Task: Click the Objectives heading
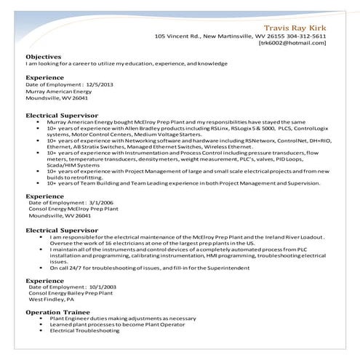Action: (x=44, y=56)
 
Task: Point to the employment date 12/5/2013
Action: (x=100, y=84)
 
